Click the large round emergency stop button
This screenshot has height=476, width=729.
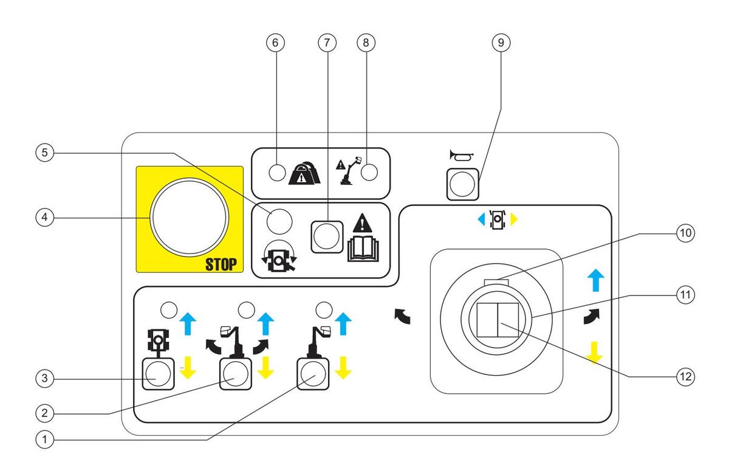190,218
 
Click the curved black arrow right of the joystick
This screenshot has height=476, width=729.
591,317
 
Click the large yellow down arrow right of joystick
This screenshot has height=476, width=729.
595,352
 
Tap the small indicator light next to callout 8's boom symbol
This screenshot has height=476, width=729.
369,173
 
